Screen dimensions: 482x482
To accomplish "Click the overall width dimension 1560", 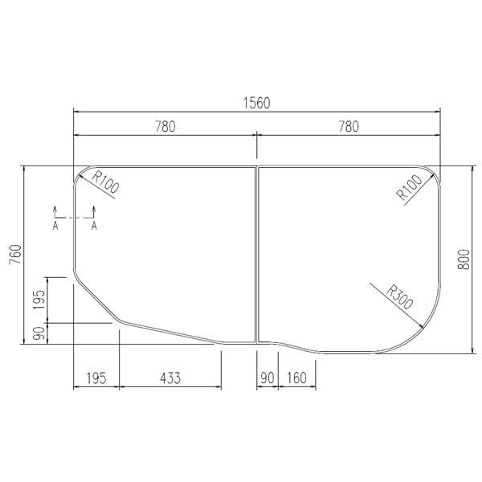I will pyautogui.click(x=256, y=102).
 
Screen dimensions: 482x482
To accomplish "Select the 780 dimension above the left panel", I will pyautogui.click(x=164, y=126).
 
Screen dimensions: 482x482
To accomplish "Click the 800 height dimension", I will pyautogui.click(x=464, y=259).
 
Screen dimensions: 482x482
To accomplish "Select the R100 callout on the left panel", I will pyautogui.click(x=105, y=184).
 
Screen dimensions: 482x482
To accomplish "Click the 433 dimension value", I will pyautogui.click(x=170, y=376).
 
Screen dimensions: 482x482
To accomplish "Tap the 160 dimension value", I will pyautogui.click(x=297, y=376).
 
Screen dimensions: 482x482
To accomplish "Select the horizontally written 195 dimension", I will pyautogui.click(x=96, y=376).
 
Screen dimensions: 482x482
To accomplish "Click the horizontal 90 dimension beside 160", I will pyautogui.click(x=267, y=376).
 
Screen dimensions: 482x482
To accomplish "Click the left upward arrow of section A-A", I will pyautogui.click(x=55, y=210).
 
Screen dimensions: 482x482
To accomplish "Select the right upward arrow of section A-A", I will pyautogui.click(x=94, y=210).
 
